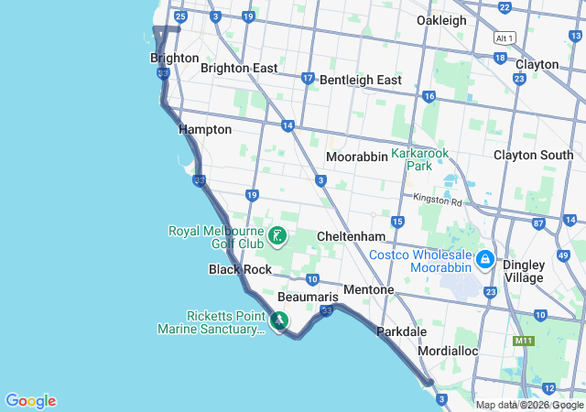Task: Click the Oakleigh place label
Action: pyautogui.click(x=441, y=20)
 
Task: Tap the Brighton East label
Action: pyautogui.click(x=239, y=68)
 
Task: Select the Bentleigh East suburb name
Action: pyautogui.click(x=361, y=81)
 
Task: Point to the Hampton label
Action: pyautogui.click(x=205, y=130)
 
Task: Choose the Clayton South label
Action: pyautogui.click(x=533, y=156)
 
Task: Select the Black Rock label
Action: pyautogui.click(x=240, y=270)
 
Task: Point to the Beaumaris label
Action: pyautogui.click(x=308, y=298)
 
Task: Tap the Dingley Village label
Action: pyautogui.click(x=523, y=271)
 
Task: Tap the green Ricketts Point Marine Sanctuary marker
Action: pyautogui.click(x=279, y=321)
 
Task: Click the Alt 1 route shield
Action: pyautogui.click(x=505, y=38)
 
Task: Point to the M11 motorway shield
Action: pyautogui.click(x=524, y=341)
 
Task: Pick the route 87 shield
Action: pyautogui.click(x=538, y=223)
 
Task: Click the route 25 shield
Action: pyautogui.click(x=181, y=16)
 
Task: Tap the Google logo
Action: pyautogui.click(x=30, y=401)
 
